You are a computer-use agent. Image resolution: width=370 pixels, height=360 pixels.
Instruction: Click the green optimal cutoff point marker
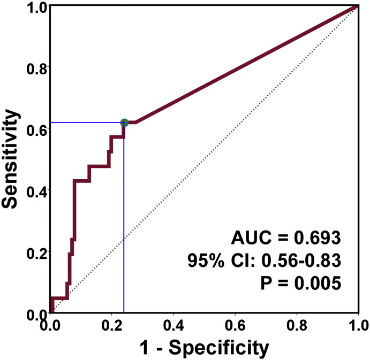pos(124,122)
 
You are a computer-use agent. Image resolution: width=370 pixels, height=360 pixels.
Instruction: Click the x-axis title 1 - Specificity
pos(203,348)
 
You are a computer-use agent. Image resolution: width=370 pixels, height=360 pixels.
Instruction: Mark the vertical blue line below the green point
pos(124,225)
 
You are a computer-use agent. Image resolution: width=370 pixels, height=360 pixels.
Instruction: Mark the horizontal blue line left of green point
pos(86,122)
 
